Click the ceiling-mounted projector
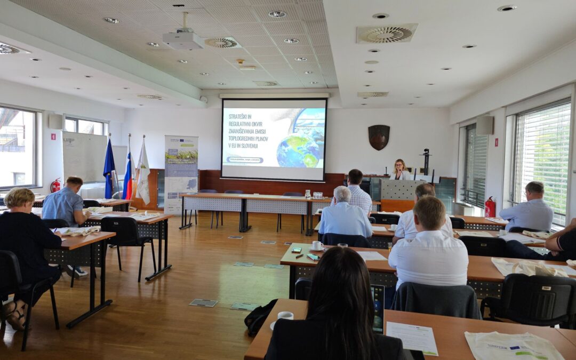click(x=183, y=39)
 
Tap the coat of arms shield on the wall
click(x=379, y=137)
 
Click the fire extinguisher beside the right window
click(x=490, y=207)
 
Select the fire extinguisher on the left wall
click(x=55, y=186)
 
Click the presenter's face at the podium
click(x=399, y=166)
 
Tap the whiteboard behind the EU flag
click(x=84, y=157)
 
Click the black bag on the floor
click(x=259, y=317)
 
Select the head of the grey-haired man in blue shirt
click(x=342, y=195)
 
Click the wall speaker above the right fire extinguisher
click(x=484, y=125)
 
